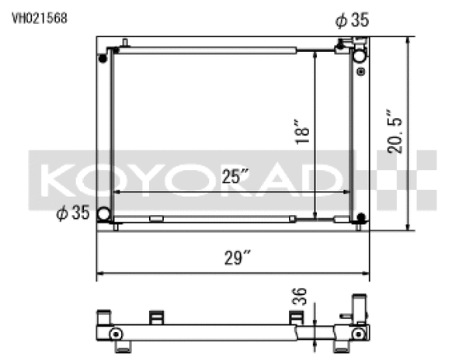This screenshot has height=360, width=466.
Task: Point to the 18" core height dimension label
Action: point(304,131)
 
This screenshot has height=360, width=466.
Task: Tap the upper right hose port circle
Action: point(359,57)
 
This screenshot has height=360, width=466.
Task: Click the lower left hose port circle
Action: point(103,215)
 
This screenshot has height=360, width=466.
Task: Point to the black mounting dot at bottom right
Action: point(360,218)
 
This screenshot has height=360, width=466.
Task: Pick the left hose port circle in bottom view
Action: point(115,335)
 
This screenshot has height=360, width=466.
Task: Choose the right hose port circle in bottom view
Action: point(358,335)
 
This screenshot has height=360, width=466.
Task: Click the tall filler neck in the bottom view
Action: point(358,306)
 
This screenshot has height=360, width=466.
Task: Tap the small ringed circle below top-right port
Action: point(359,71)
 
